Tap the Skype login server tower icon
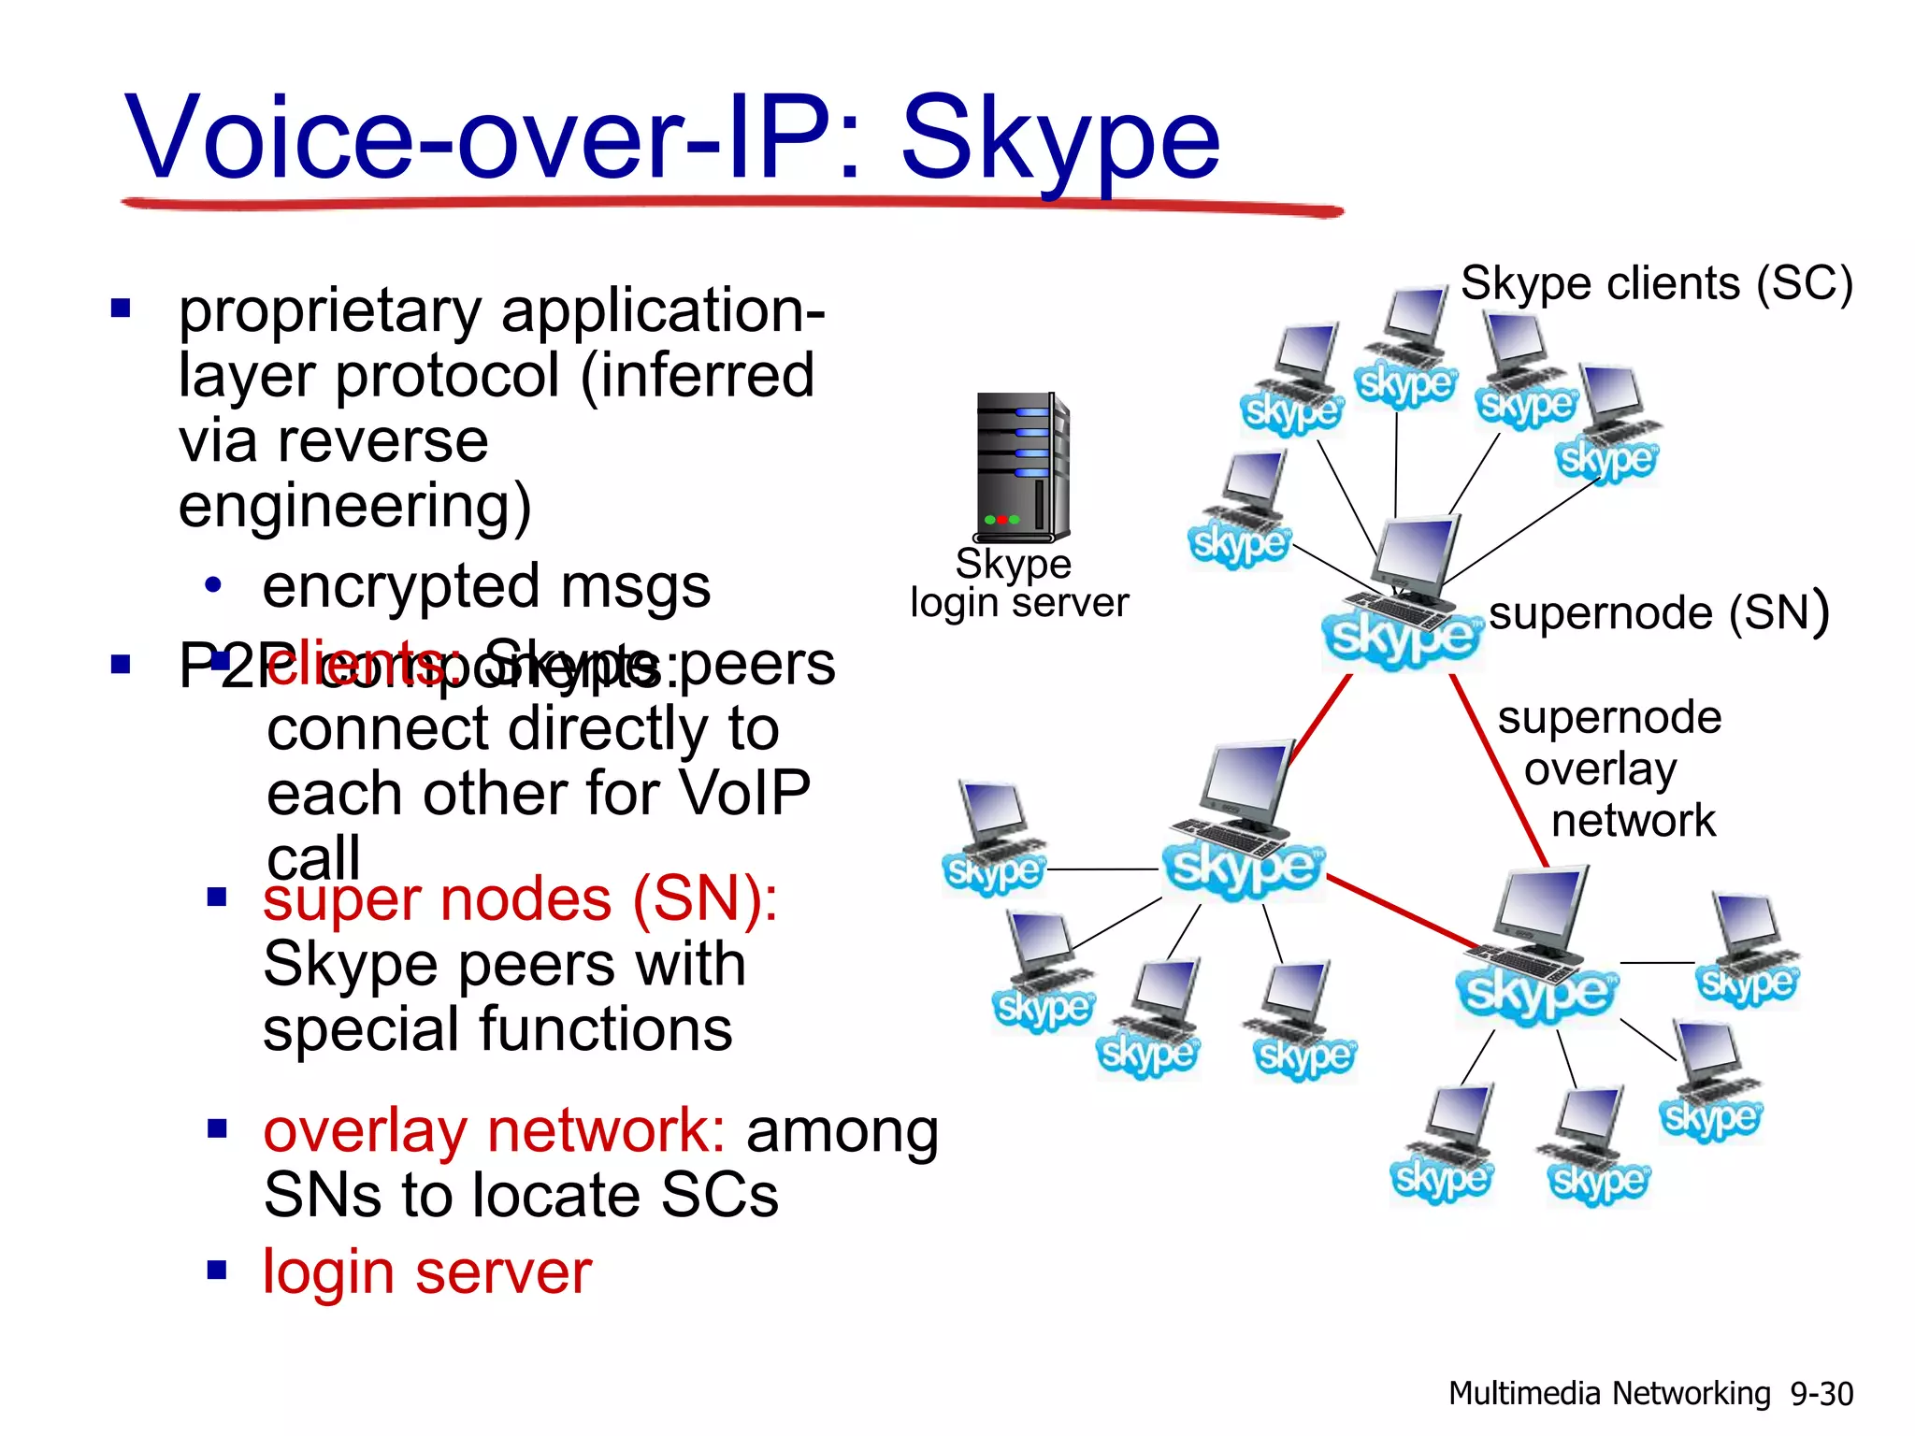point(1022,467)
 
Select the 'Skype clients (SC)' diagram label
point(1656,282)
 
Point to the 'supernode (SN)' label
point(1658,613)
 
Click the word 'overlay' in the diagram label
point(1600,769)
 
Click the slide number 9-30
point(1821,1394)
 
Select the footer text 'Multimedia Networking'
point(1608,1394)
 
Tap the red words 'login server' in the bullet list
point(427,1271)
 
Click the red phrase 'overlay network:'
point(494,1130)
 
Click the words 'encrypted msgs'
point(486,586)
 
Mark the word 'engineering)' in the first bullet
point(354,506)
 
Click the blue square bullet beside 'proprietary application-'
point(121,308)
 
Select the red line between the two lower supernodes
point(1403,912)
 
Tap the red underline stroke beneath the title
point(729,204)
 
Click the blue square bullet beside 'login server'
point(217,1270)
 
